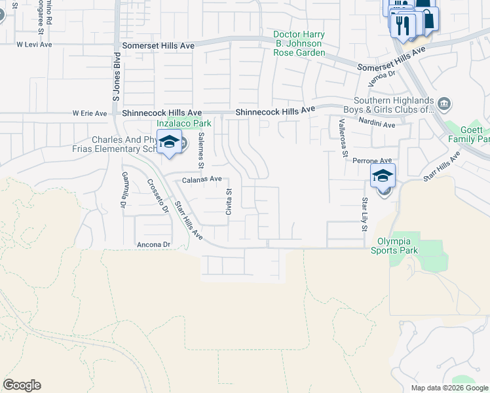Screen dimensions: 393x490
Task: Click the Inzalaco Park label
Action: coord(184,123)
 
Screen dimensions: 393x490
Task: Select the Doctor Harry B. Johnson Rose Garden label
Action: coord(299,43)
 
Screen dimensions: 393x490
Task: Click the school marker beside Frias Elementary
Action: coord(170,142)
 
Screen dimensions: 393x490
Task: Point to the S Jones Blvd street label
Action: coord(117,79)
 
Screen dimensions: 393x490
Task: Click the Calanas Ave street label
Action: coord(202,179)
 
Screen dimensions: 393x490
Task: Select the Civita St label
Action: coord(229,201)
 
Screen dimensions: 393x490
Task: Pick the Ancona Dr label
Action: coord(153,244)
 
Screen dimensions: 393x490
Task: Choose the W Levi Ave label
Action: coord(33,45)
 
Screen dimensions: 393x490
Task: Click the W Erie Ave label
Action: coord(90,113)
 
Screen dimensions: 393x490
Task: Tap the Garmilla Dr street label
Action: coord(123,190)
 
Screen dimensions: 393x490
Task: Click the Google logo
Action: coord(22,385)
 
